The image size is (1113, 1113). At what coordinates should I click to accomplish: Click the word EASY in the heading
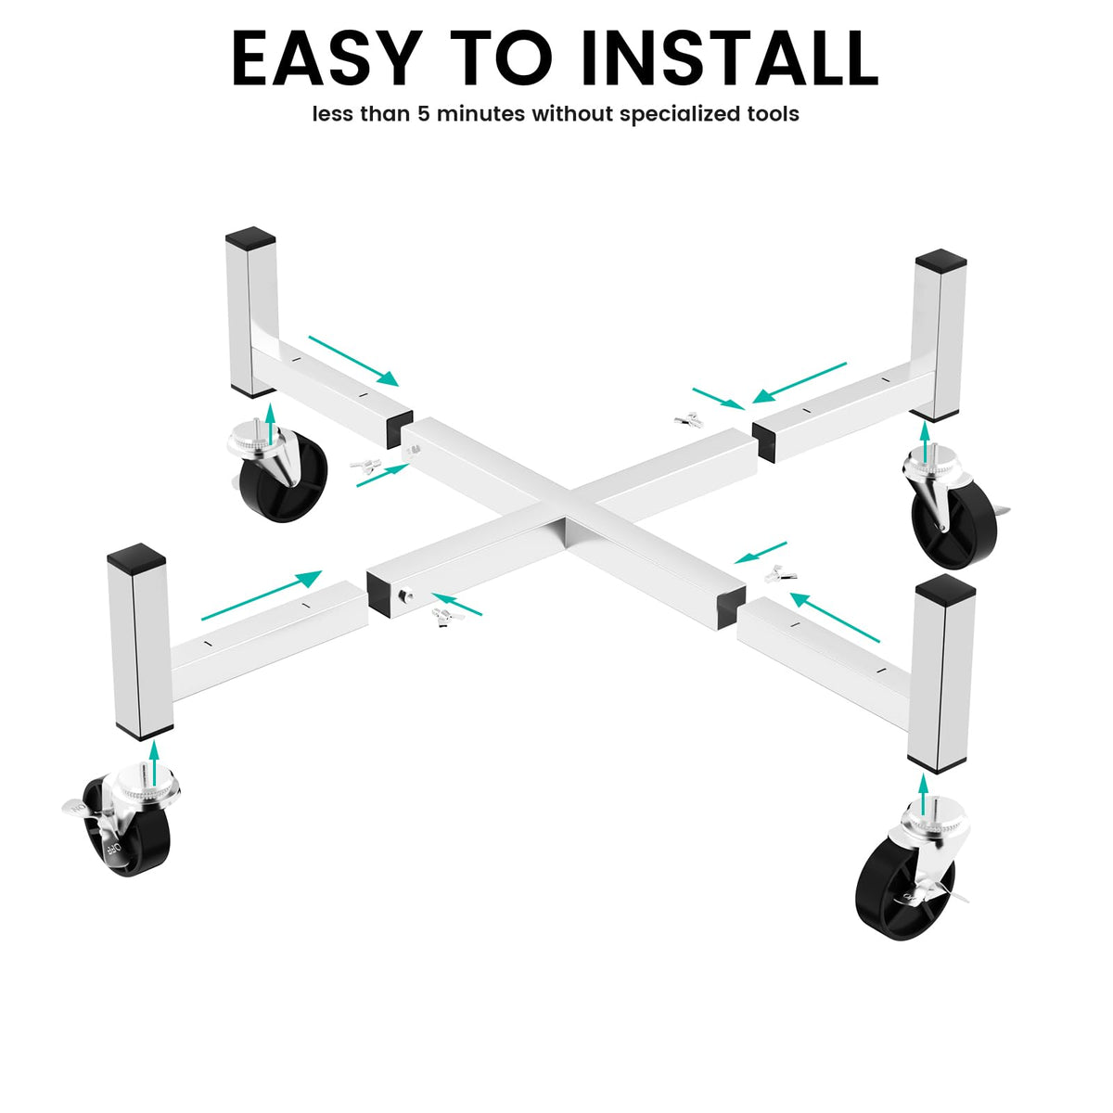tap(326, 58)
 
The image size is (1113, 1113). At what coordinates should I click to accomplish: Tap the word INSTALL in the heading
tap(730, 58)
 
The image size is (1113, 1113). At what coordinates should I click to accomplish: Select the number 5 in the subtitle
tap(424, 114)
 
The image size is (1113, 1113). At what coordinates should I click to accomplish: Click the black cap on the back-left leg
tap(250, 238)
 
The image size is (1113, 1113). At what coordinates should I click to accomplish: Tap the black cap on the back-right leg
tap(940, 261)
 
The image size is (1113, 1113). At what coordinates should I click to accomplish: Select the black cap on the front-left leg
tap(136, 555)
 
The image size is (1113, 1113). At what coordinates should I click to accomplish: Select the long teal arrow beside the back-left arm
tap(352, 361)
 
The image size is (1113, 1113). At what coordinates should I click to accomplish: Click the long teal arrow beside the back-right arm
tap(800, 382)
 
